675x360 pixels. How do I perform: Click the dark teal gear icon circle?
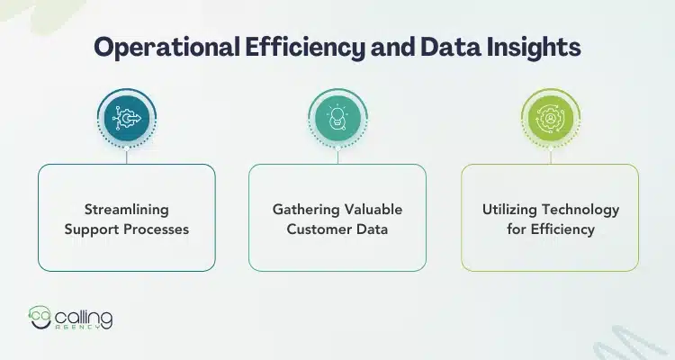pos(126,117)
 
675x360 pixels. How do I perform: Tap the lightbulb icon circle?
pos(337,117)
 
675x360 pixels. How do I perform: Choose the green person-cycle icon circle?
pos(549,117)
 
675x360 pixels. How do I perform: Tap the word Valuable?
pos(373,210)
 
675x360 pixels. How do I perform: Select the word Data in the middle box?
pos(372,229)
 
